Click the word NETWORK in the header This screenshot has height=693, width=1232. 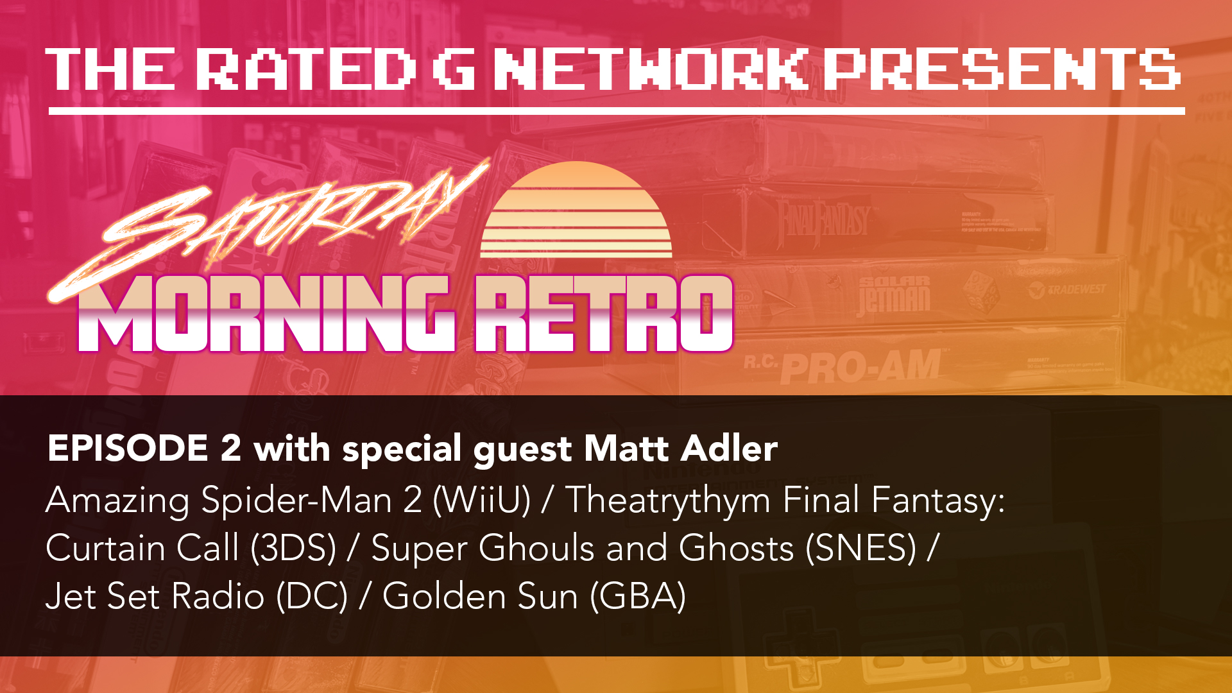point(651,69)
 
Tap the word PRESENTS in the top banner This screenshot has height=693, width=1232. point(1002,69)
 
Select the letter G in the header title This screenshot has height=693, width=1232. point(454,69)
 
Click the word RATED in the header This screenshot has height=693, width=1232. point(305,69)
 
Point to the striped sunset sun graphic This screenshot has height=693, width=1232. point(576,210)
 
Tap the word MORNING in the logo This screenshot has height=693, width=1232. point(266,314)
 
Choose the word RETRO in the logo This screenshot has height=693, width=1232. point(604,314)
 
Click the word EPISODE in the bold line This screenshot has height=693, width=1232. point(128,448)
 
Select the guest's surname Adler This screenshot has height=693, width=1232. point(730,448)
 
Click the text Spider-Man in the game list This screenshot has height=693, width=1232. point(296,501)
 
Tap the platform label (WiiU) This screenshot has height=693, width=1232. point(482,501)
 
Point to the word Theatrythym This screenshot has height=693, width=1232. point(667,501)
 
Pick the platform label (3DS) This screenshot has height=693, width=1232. point(293,549)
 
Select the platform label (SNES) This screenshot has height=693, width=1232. point(861,549)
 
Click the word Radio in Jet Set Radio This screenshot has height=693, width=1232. point(218,597)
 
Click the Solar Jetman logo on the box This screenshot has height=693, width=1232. point(894,295)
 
